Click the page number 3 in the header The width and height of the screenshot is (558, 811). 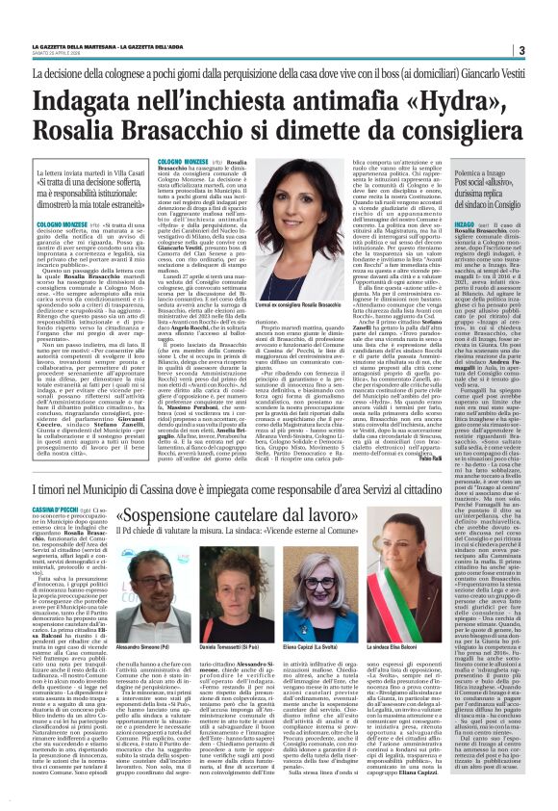click(x=546, y=50)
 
